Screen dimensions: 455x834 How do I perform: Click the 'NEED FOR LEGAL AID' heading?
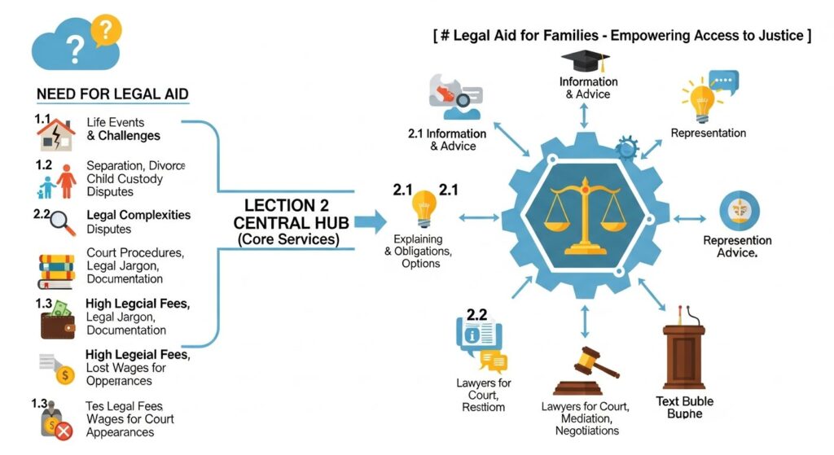112,94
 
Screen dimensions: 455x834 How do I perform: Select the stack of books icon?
56,270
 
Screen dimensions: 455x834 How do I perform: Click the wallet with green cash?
57,319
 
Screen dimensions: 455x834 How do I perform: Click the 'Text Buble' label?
685,400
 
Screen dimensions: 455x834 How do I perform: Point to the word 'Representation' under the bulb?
708,133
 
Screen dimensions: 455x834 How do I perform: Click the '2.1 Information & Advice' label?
447,139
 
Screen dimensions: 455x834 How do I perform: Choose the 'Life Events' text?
115,122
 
